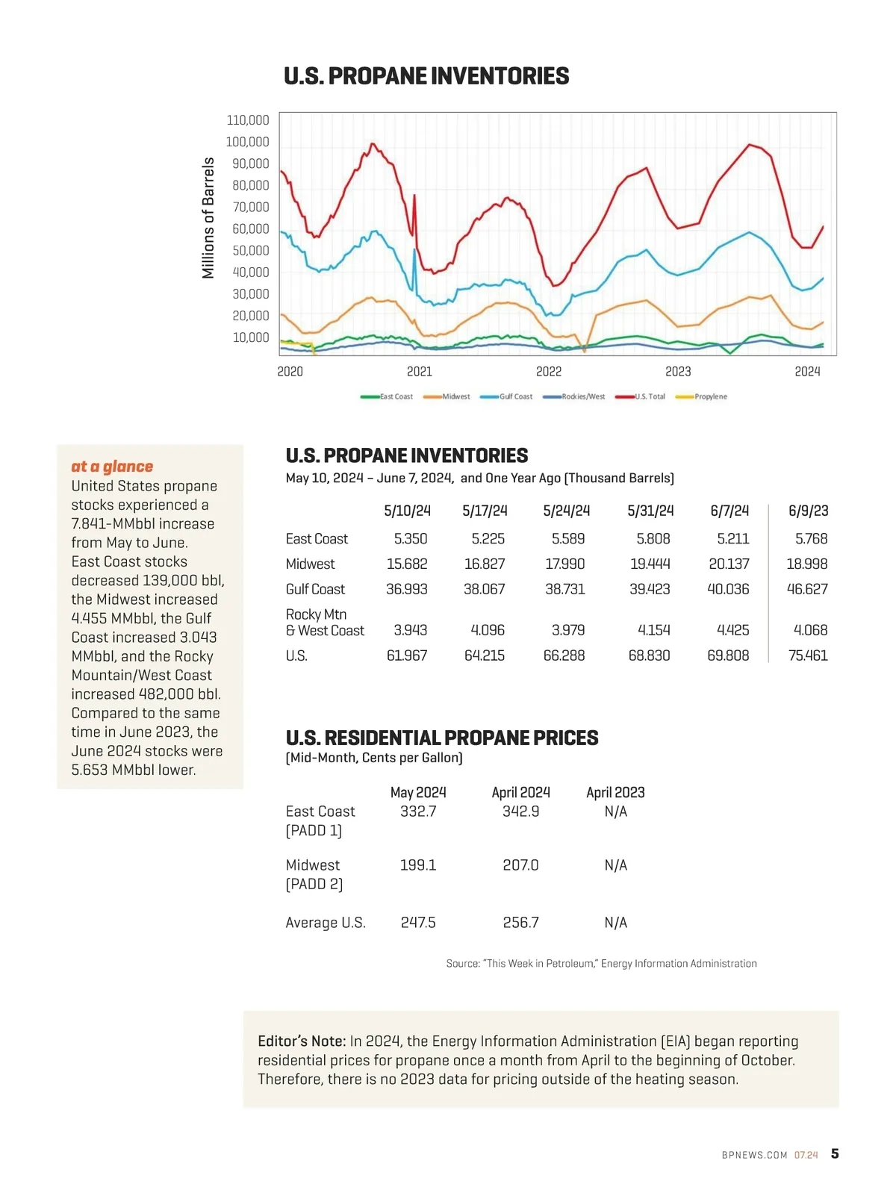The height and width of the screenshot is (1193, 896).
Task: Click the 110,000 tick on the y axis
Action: [248, 120]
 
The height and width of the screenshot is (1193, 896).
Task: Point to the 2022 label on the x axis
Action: [549, 372]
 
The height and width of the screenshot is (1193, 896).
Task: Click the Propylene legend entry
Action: [710, 396]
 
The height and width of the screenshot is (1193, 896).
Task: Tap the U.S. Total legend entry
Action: [649, 396]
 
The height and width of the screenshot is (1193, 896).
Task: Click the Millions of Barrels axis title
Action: [208, 218]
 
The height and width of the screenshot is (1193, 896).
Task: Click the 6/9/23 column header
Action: [808, 511]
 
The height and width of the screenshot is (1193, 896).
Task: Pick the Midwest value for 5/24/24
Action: [565, 564]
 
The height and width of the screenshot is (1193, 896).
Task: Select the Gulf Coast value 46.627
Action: [807, 589]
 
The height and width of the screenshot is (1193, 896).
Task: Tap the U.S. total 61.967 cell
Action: [407, 655]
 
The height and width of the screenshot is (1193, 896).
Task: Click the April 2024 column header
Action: [520, 792]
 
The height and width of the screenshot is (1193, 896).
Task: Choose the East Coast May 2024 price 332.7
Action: [418, 812]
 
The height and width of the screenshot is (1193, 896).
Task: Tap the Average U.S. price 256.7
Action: [520, 923]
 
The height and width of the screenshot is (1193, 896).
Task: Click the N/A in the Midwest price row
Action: [615, 865]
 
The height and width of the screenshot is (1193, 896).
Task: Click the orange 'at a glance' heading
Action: [112, 467]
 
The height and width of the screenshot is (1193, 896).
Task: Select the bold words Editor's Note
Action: [302, 1041]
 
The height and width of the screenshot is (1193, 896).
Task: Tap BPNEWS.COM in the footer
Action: [754, 1155]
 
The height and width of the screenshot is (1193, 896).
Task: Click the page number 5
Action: [835, 1153]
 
